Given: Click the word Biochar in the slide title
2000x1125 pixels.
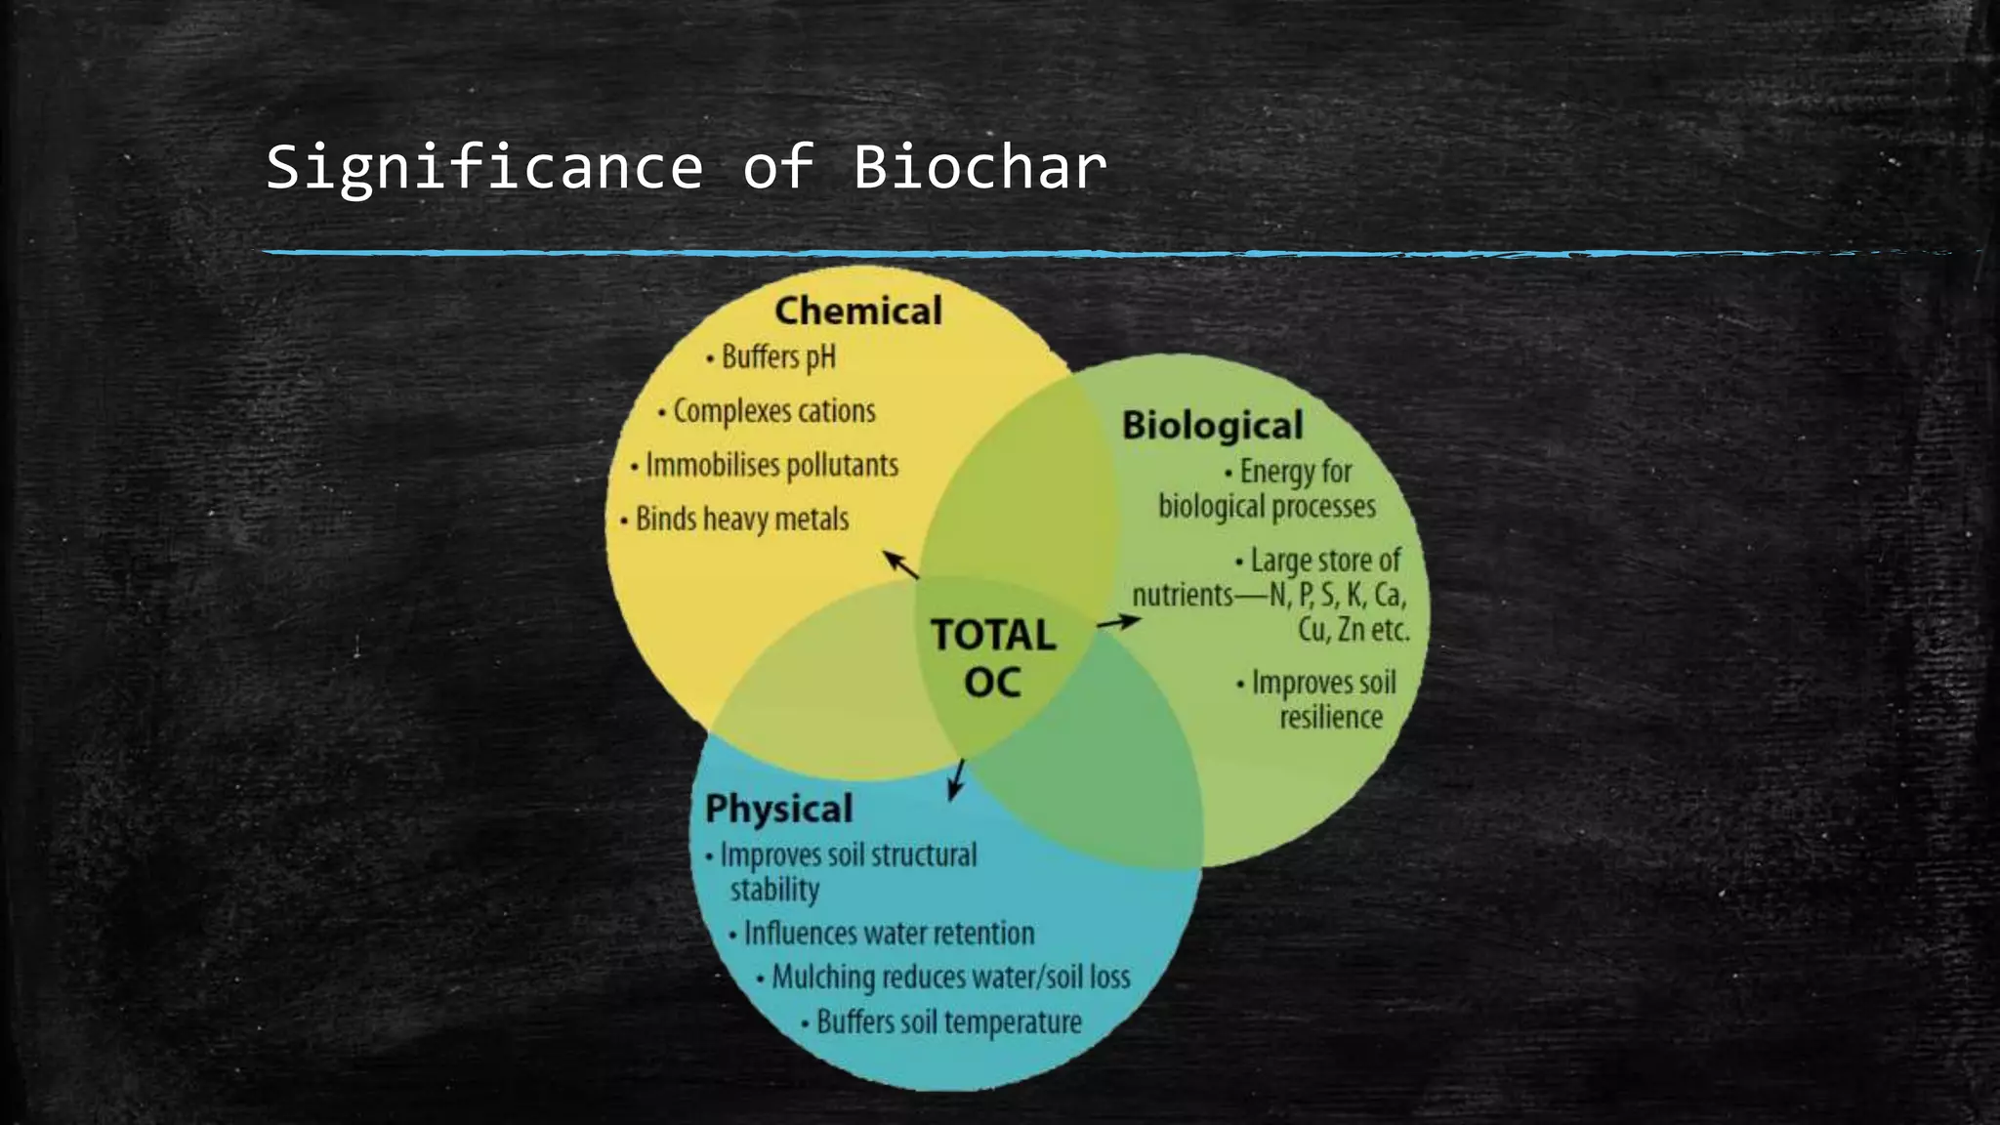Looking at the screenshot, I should coord(980,167).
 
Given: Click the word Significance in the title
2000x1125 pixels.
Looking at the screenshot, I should coord(484,167).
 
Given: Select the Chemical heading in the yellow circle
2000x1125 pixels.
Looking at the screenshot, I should coord(857,311).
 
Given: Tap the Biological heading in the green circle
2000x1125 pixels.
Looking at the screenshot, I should coord(1212,425).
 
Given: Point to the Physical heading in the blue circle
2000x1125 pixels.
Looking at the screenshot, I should coord(778,809).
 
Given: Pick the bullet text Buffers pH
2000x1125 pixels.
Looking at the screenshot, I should coord(777,357).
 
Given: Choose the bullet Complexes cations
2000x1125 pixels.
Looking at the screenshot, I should coord(773,411).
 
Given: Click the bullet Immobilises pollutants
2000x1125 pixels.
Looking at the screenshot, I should coord(771,466).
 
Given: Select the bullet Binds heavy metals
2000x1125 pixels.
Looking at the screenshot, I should coord(741,519).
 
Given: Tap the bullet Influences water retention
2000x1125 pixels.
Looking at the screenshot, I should coord(888,934).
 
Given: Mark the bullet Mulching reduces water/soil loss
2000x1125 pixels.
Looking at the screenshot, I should coord(949,978).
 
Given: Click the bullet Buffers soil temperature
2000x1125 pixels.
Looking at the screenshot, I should coord(948,1022).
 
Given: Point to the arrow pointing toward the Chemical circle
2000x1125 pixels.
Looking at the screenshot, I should coord(900,564).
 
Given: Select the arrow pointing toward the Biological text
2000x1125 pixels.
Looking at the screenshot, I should coord(1118,621).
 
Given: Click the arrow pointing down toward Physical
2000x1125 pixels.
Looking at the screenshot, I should coord(956,779).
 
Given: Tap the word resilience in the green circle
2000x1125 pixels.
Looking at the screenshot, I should coord(1330,718).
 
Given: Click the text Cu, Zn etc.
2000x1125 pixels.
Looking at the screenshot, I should coord(1354,630).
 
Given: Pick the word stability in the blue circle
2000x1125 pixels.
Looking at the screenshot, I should coord(774,890).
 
